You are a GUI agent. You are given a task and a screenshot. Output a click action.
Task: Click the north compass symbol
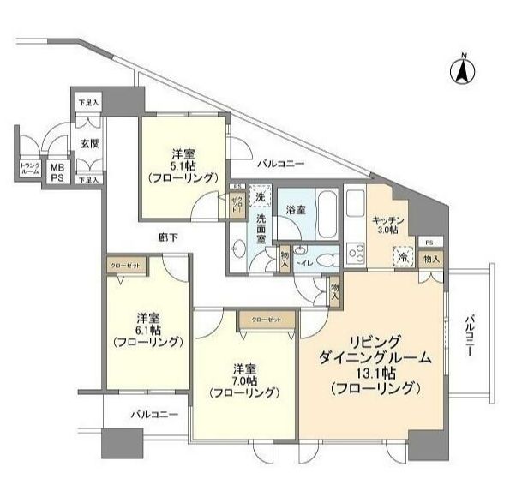(x=462, y=72)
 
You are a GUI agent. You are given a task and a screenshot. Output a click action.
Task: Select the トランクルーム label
(x=29, y=169)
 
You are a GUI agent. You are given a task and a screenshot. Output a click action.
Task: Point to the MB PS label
(x=57, y=172)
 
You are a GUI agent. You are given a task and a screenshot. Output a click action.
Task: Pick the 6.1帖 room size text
(x=147, y=329)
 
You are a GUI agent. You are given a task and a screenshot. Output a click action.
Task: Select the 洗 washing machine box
(x=261, y=197)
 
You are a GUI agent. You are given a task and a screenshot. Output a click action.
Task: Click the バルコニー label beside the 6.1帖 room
(x=154, y=415)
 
